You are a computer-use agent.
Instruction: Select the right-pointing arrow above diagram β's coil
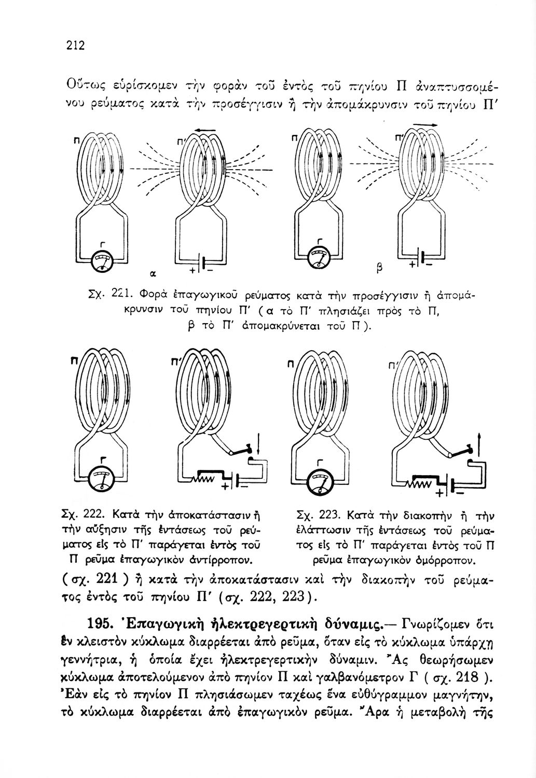(422, 124)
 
